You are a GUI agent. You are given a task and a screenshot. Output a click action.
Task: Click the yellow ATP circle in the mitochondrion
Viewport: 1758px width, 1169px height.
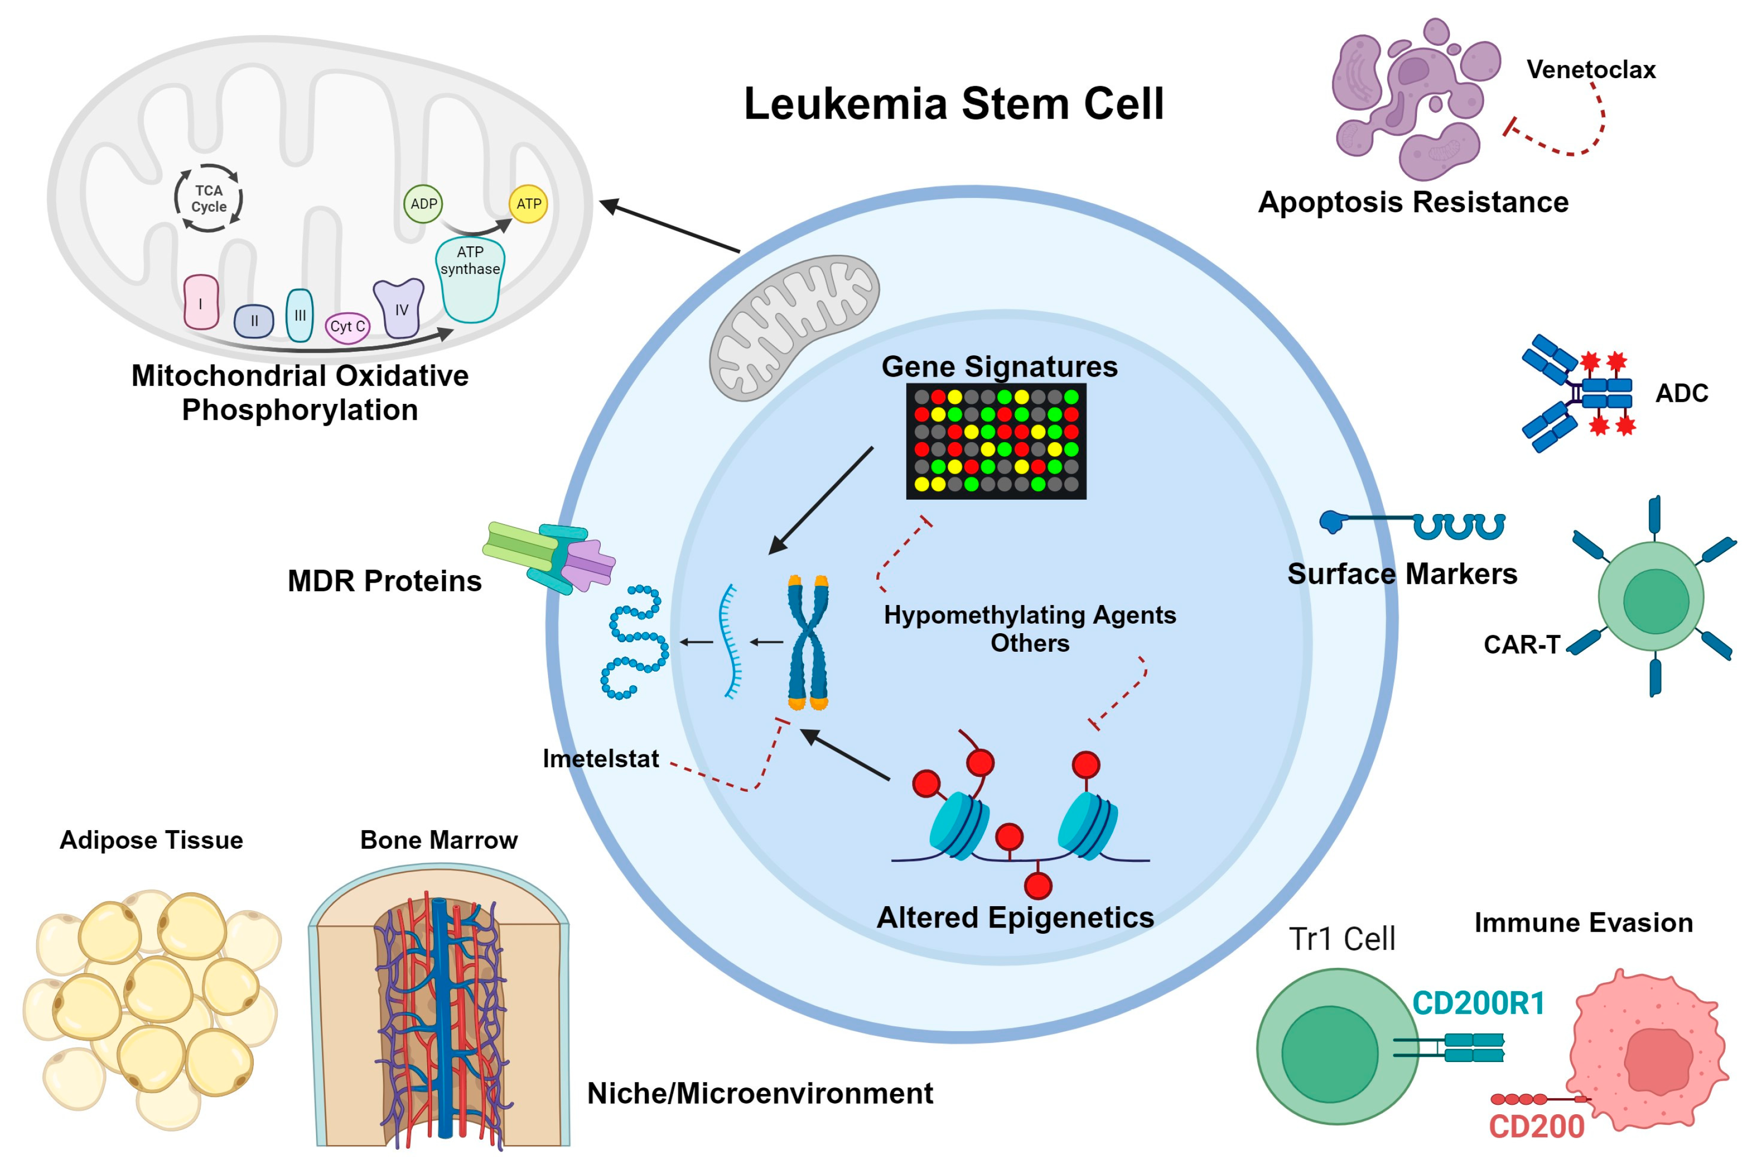[x=528, y=204]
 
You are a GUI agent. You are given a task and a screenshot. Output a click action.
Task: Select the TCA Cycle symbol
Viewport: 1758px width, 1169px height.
[x=209, y=198]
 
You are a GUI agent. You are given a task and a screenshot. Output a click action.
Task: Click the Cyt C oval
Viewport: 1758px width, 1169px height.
[x=347, y=327]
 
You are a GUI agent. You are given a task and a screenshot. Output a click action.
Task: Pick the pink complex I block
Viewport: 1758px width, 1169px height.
[x=201, y=302]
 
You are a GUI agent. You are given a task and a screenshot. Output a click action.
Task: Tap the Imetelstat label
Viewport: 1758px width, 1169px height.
[x=600, y=758]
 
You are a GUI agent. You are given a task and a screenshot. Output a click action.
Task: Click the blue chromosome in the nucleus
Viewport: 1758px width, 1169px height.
[x=807, y=642]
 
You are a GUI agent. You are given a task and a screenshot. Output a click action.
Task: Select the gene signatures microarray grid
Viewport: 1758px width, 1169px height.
[x=996, y=441]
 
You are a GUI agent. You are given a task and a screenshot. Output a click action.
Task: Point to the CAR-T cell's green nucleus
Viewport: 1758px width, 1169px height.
[x=1655, y=601]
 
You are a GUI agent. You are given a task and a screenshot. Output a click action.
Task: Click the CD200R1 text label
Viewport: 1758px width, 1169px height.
[x=1478, y=1003]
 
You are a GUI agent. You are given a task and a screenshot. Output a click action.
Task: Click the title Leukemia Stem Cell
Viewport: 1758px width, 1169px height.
[x=953, y=104]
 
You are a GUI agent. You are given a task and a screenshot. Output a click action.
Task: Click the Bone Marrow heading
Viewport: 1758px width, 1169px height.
[x=438, y=840]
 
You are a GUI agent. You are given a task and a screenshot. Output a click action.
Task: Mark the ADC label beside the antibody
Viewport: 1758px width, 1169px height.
[x=1681, y=393]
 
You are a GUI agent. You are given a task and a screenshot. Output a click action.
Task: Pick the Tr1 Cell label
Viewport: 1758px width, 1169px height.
[x=1341, y=939]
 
